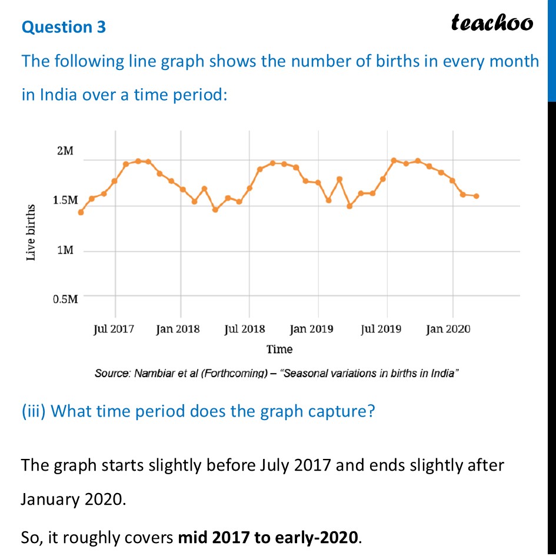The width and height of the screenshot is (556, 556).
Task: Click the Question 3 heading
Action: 64,27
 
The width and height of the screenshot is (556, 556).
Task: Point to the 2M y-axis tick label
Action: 65,151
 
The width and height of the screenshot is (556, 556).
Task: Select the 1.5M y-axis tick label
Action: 65,201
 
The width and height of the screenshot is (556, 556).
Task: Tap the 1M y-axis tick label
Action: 65,251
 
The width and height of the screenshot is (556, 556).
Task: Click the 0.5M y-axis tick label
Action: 65,299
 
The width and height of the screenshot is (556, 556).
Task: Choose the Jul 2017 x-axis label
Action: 114,329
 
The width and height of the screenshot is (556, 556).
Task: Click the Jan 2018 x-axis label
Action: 178,329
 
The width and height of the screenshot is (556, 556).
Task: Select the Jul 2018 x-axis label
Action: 245,329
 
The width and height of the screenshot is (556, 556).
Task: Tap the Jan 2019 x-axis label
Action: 312,329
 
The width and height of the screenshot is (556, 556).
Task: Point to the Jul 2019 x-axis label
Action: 381,329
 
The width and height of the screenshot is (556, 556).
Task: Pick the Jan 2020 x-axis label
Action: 448,329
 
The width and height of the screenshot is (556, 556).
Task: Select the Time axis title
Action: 279,349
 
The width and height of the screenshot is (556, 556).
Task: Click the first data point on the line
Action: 81,212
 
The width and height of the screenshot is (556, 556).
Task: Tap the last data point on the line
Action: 476,196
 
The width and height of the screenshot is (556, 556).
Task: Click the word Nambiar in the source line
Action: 155,374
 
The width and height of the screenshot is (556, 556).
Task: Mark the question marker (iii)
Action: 34,411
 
